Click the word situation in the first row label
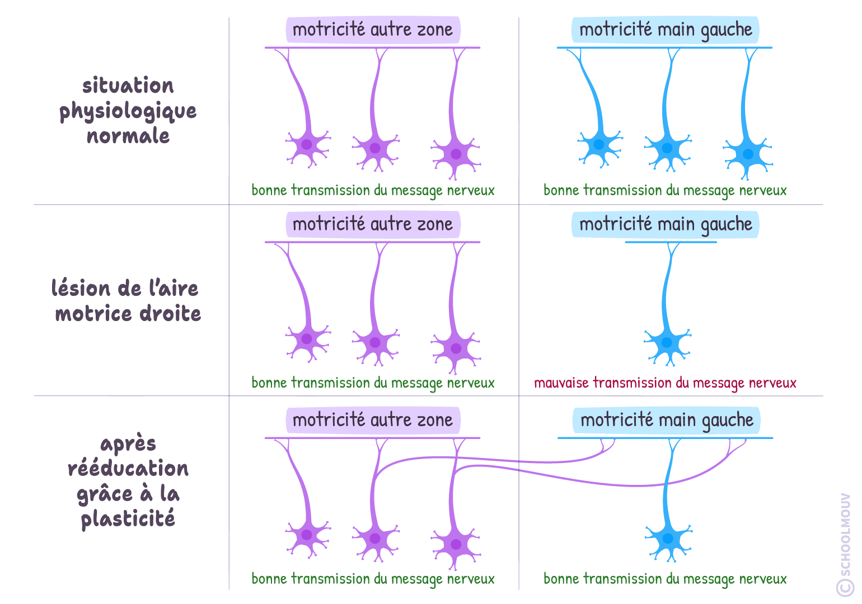point(128,86)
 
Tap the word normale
point(128,136)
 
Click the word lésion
point(81,289)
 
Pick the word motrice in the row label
point(93,314)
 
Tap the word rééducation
point(128,469)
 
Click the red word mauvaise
point(561,383)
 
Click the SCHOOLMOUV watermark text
point(845,534)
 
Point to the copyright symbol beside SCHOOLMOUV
point(845,587)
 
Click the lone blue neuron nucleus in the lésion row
point(667,343)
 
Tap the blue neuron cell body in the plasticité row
point(668,539)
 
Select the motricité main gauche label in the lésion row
point(666,224)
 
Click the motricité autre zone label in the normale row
point(373,30)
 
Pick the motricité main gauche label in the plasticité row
point(667,420)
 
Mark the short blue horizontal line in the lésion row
point(671,242)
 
